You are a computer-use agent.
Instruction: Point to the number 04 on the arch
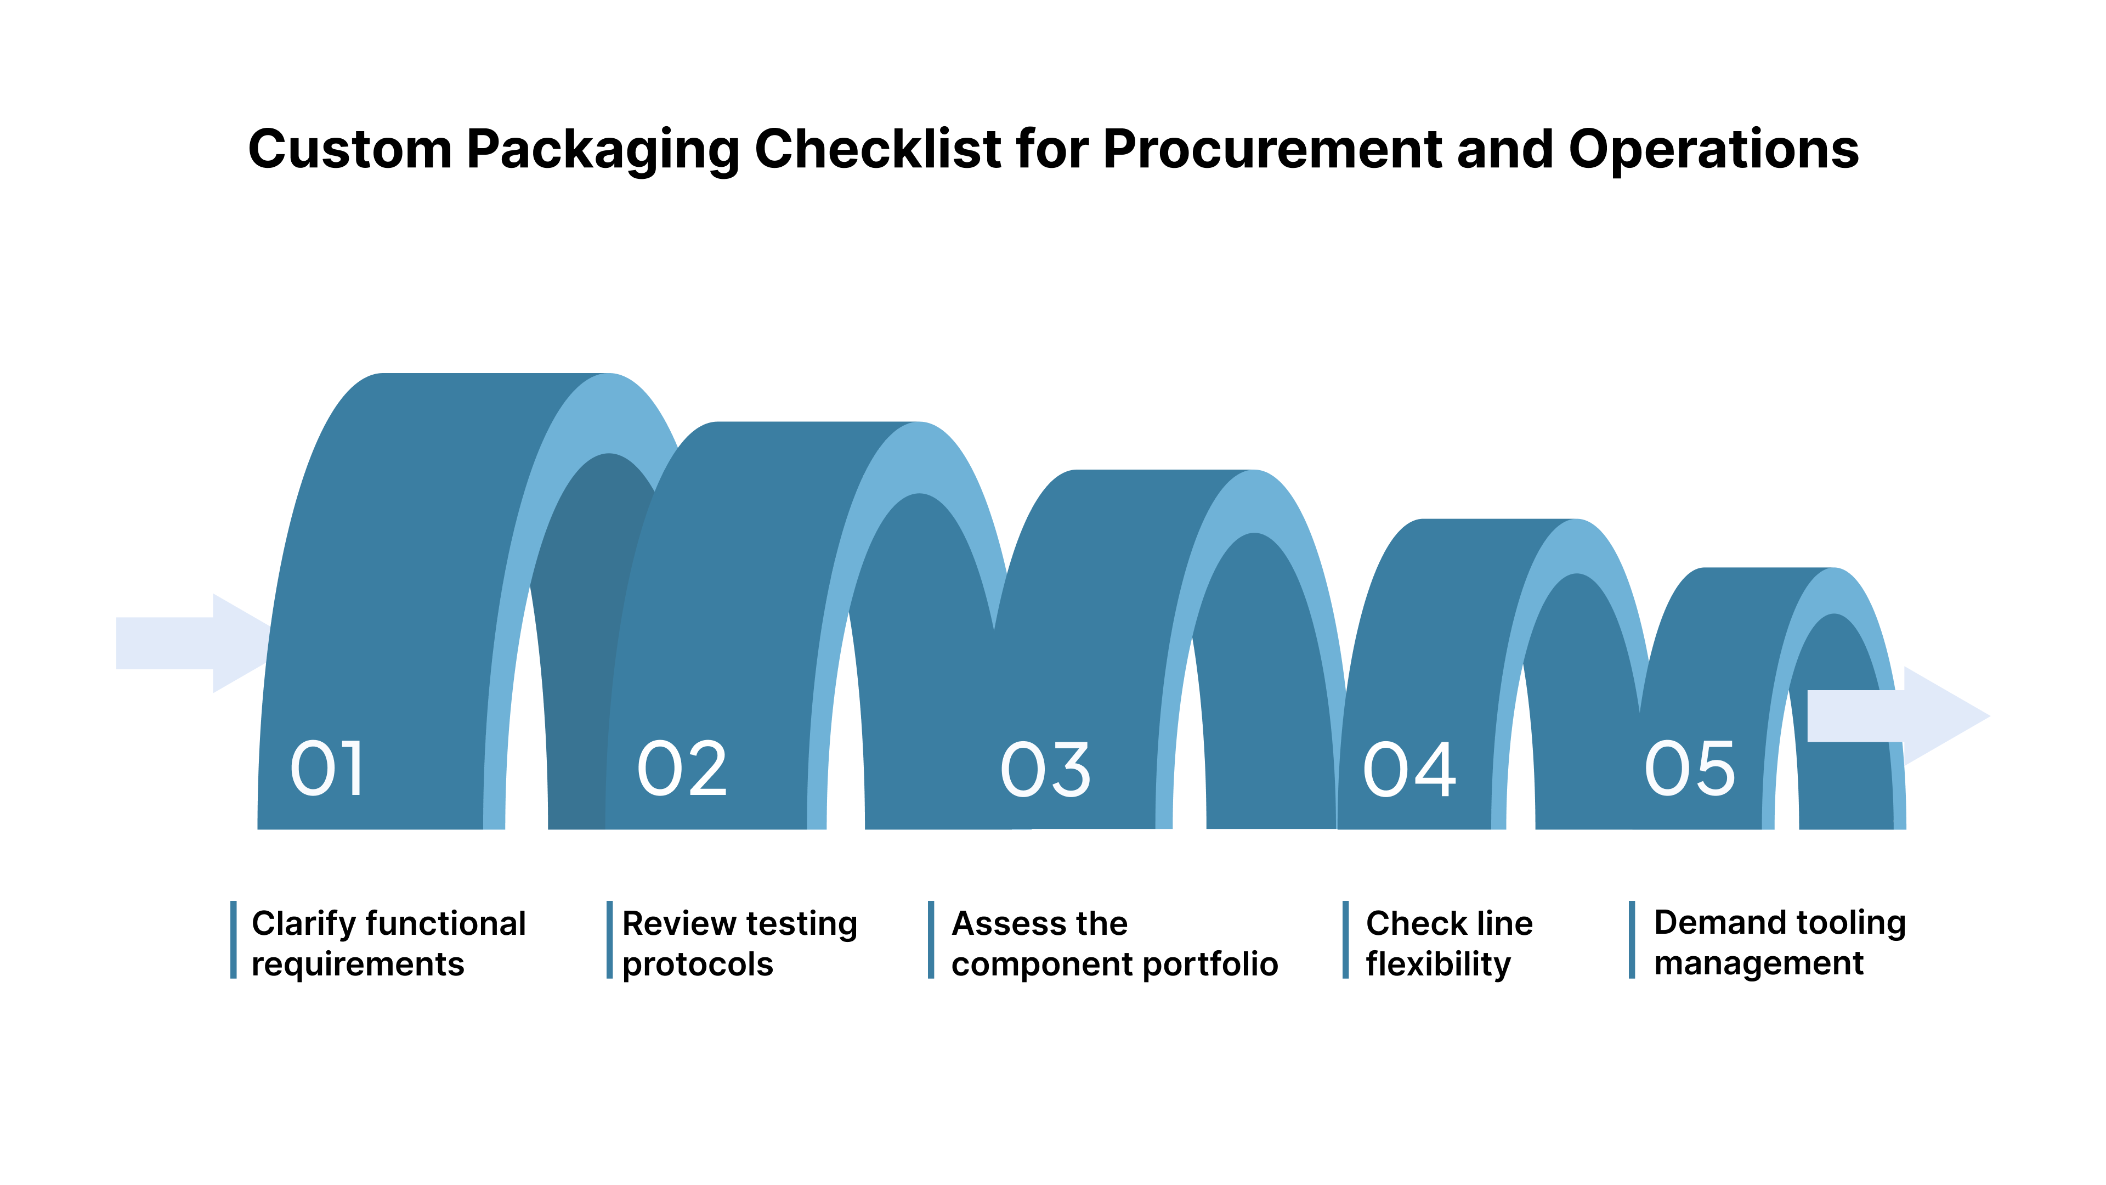coord(1408,770)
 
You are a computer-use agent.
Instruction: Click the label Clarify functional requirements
coord(388,943)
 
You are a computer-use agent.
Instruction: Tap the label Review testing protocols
coord(739,943)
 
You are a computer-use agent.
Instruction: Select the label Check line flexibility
coord(1448,943)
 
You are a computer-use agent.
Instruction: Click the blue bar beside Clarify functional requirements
coord(233,940)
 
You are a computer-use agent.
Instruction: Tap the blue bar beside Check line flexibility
coord(1345,940)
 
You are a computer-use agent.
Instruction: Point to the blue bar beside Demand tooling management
coord(1632,940)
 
